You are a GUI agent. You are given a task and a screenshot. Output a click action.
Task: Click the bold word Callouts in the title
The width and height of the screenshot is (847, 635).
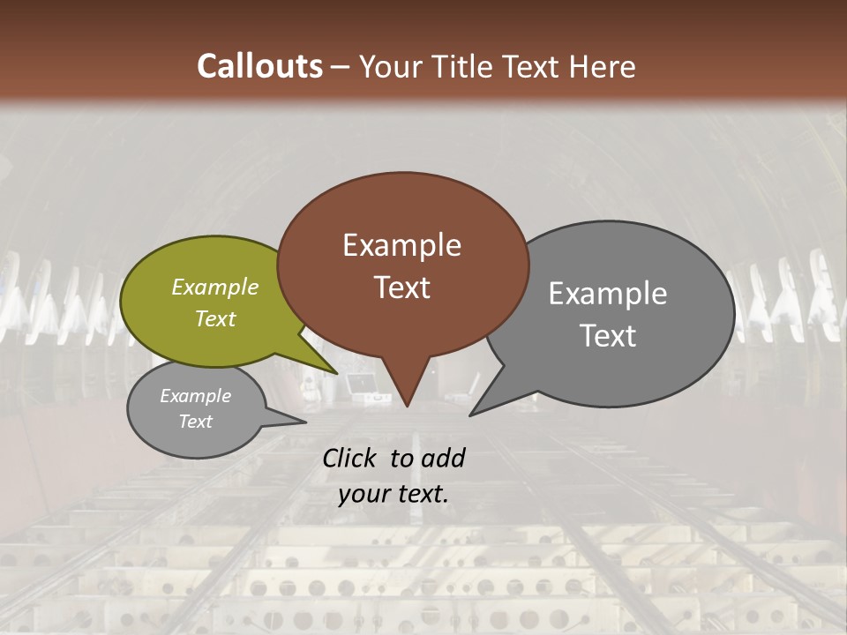[259, 66]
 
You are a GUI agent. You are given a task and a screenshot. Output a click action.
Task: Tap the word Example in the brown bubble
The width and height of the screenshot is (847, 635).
[401, 245]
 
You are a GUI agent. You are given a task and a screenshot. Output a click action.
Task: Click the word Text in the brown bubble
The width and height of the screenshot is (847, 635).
[401, 288]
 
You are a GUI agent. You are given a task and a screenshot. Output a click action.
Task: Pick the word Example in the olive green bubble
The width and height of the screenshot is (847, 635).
[215, 287]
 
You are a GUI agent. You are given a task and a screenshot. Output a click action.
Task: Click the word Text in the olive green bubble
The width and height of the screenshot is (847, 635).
[215, 318]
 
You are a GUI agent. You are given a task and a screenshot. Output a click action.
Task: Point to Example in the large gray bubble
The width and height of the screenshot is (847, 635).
[608, 294]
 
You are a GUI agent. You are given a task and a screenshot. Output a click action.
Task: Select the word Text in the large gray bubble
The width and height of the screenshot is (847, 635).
[608, 336]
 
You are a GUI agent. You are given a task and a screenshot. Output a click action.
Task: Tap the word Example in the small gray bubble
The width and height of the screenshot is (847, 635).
[195, 396]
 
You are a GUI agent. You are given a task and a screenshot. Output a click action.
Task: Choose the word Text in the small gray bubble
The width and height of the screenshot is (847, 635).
[195, 422]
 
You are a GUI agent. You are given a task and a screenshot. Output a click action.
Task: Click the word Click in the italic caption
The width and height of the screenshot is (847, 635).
[350, 458]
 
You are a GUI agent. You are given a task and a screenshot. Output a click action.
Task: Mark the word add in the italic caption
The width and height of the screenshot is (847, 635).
[444, 458]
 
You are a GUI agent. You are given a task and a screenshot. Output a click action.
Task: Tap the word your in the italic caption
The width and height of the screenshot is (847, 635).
[362, 494]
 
